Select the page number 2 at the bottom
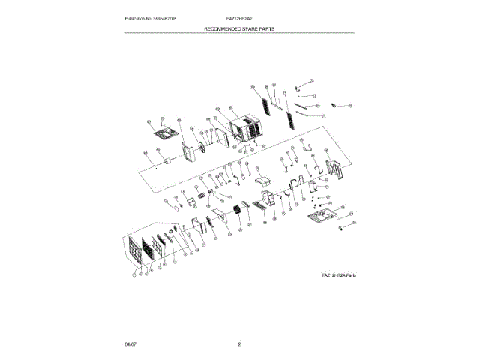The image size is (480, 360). point(239,343)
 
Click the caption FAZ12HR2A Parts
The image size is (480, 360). point(338,276)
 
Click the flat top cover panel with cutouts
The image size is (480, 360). point(163,135)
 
